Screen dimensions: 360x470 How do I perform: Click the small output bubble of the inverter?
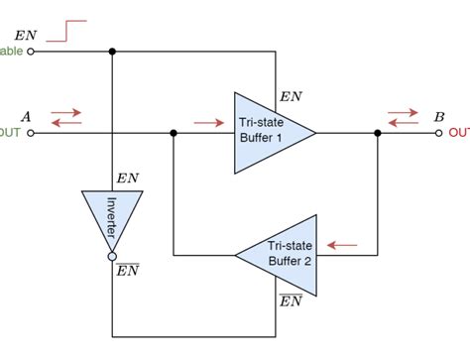point(112,257)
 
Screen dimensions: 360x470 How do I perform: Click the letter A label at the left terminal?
point(26,116)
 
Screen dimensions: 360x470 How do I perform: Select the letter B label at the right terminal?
point(438,116)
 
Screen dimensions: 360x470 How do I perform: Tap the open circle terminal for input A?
point(30,132)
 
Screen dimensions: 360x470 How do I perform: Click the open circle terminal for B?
point(440,132)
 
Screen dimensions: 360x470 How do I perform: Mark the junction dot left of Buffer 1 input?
point(174,132)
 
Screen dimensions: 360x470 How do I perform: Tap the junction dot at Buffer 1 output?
point(378,132)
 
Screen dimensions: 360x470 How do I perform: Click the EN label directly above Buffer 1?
point(292,96)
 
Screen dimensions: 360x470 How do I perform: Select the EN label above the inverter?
point(128,178)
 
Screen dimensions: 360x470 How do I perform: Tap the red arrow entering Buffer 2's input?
point(342,243)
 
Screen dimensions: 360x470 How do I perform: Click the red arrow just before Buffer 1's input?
point(209,123)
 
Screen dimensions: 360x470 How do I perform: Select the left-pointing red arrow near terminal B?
point(403,123)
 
